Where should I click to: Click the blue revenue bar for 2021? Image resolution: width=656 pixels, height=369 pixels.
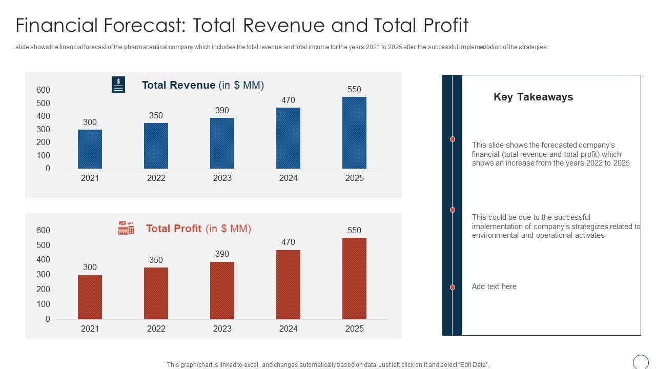tap(90, 149)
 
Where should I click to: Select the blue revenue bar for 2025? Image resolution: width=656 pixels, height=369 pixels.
tap(354, 133)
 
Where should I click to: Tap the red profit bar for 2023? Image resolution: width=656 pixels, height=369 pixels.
tap(222, 291)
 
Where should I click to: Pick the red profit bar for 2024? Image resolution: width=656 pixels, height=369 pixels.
tap(288, 285)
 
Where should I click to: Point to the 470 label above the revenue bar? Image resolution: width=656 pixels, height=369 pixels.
tap(288, 100)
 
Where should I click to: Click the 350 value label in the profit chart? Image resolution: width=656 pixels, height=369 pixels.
tap(156, 260)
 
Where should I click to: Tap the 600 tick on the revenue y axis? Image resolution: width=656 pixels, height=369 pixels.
tap(44, 90)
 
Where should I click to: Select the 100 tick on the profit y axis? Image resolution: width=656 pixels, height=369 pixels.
tap(44, 304)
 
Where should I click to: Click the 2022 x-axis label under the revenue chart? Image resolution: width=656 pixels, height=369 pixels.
tap(156, 178)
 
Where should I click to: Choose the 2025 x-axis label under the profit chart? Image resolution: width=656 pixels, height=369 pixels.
tap(354, 329)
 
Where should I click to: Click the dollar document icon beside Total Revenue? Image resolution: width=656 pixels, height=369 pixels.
tap(118, 85)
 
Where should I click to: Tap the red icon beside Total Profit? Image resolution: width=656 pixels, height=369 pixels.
tap(126, 228)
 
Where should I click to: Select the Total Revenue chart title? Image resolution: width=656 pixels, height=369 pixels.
tap(202, 85)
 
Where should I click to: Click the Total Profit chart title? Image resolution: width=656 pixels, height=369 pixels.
tap(198, 229)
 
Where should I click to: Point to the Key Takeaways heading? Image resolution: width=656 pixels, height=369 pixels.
tap(533, 97)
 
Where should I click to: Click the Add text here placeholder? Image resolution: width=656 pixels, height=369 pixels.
tap(494, 286)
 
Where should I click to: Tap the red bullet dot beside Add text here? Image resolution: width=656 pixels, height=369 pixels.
tap(453, 288)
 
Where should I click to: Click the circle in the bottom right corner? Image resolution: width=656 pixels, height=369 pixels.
tap(641, 362)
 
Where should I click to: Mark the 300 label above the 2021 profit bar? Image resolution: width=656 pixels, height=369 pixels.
tap(90, 267)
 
